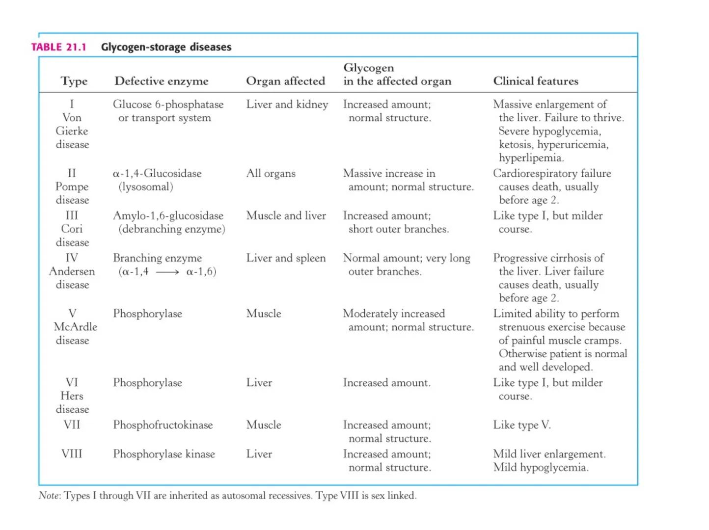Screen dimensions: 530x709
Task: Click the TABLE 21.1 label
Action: (58, 47)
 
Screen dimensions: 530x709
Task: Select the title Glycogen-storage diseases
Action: (166, 47)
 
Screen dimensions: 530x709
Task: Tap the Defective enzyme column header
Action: (162, 81)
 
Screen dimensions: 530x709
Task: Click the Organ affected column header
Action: (285, 81)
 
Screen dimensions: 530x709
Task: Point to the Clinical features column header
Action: (536, 81)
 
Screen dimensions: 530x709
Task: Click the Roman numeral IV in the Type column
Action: (72, 258)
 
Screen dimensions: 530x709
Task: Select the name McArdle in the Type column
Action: (75, 327)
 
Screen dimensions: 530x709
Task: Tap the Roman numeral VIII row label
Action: (72, 454)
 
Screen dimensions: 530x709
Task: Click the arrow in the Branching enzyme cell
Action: (167, 272)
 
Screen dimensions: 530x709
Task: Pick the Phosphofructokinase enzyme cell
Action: (163, 425)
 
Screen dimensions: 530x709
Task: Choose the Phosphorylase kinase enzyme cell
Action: (164, 454)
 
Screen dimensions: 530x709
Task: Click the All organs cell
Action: (271, 173)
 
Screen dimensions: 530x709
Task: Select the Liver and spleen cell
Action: (286, 258)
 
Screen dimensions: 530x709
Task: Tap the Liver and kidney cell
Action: (287, 105)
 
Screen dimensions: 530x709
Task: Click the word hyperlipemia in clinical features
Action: (531, 158)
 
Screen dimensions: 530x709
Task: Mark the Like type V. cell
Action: (522, 425)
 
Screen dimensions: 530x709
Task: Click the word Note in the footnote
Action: (49, 496)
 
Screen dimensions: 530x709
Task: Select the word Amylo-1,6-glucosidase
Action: (168, 216)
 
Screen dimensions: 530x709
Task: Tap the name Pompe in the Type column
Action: (72, 187)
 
